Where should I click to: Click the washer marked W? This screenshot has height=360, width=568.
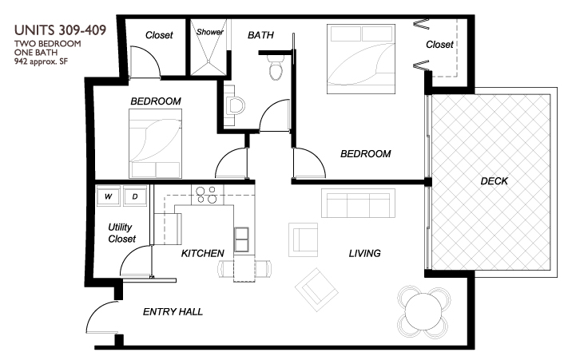click(x=108, y=196)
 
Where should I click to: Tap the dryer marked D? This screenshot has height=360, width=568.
click(x=135, y=196)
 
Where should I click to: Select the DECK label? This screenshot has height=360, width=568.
click(x=494, y=181)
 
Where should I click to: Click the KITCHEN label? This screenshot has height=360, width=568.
click(x=202, y=253)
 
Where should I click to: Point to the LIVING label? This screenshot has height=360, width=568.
click(x=364, y=253)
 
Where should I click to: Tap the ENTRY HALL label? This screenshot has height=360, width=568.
click(x=173, y=311)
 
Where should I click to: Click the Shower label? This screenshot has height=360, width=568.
click(x=211, y=33)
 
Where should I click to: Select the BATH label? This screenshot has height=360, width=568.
click(x=261, y=35)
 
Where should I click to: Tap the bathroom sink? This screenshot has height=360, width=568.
click(x=235, y=105)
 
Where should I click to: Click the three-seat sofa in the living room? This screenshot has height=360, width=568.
click(x=357, y=203)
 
